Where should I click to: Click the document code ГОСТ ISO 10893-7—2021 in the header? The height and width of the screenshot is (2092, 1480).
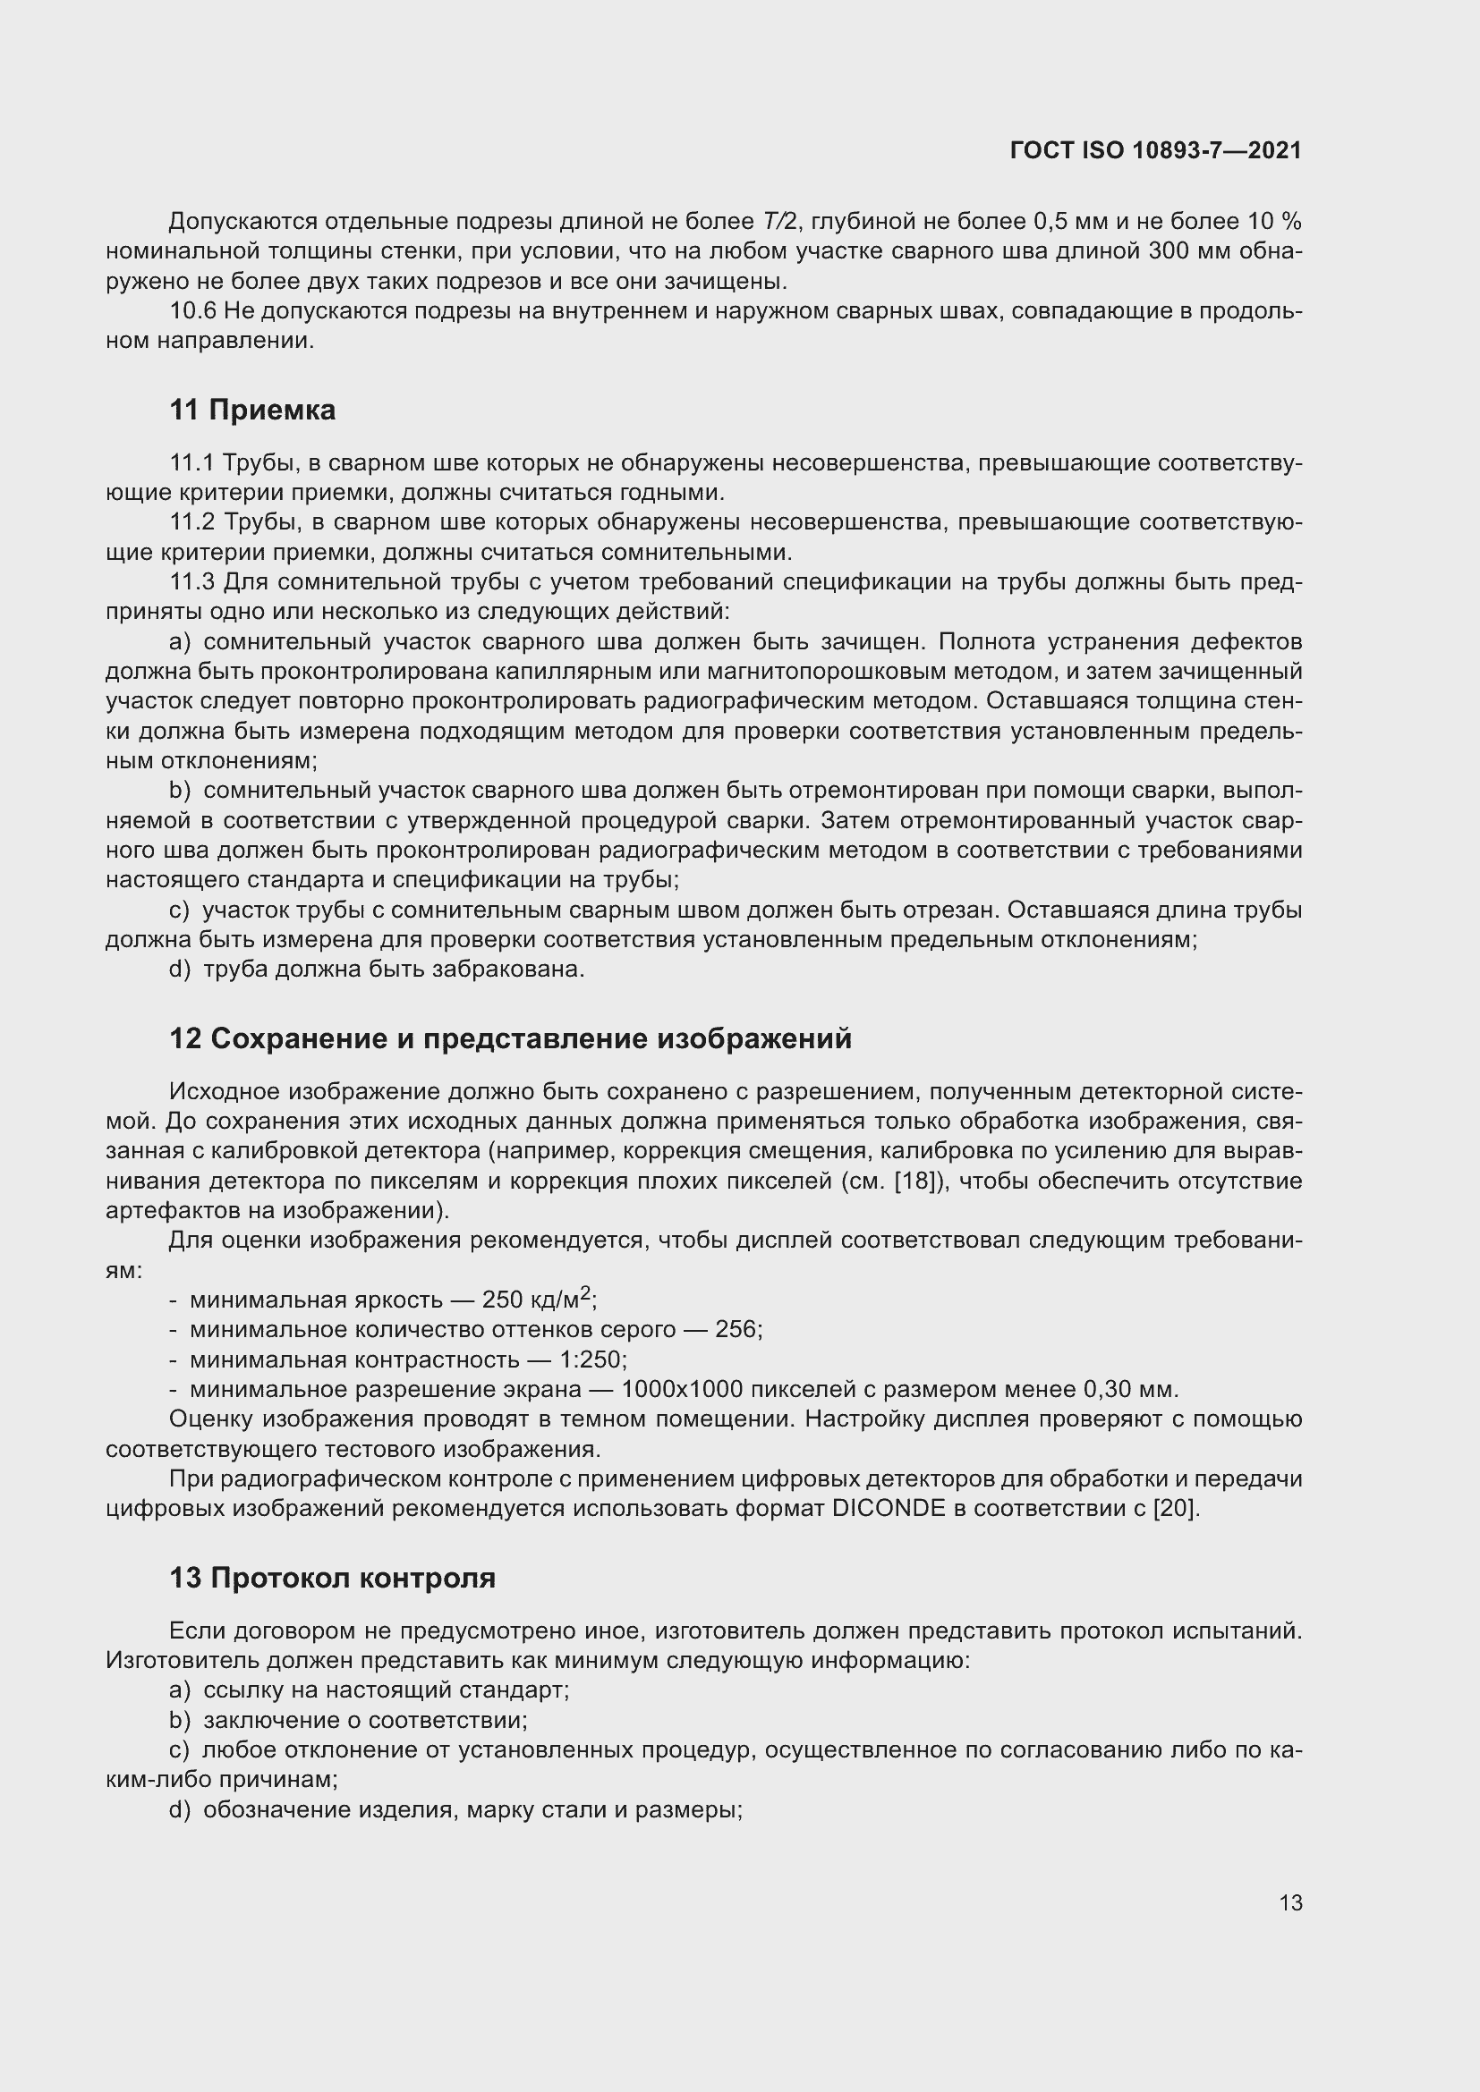point(1155,150)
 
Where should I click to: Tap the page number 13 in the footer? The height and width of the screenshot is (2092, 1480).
point(1289,1902)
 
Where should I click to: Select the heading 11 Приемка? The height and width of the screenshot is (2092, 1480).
point(252,410)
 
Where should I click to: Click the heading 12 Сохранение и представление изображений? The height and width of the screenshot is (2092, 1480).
point(510,1038)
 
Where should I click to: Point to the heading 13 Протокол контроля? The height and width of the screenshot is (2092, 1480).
point(333,1577)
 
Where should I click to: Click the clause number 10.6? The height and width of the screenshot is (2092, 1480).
point(192,311)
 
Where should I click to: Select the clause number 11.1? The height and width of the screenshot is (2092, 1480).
point(192,463)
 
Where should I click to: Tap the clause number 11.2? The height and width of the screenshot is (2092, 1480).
point(192,522)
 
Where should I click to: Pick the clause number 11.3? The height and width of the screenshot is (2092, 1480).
point(192,582)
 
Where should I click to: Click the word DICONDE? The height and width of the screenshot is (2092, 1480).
point(889,1508)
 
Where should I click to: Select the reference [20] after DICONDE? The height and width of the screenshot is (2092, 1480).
point(1174,1508)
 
